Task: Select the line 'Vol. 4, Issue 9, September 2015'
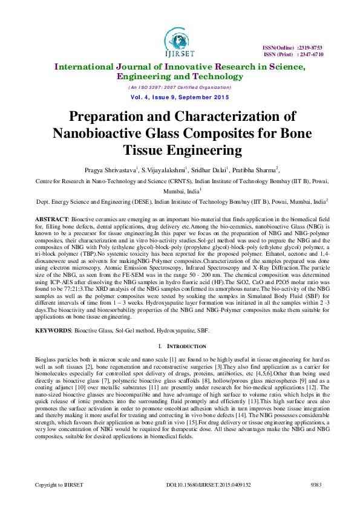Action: point(179,97)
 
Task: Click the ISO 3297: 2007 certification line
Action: point(179,88)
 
